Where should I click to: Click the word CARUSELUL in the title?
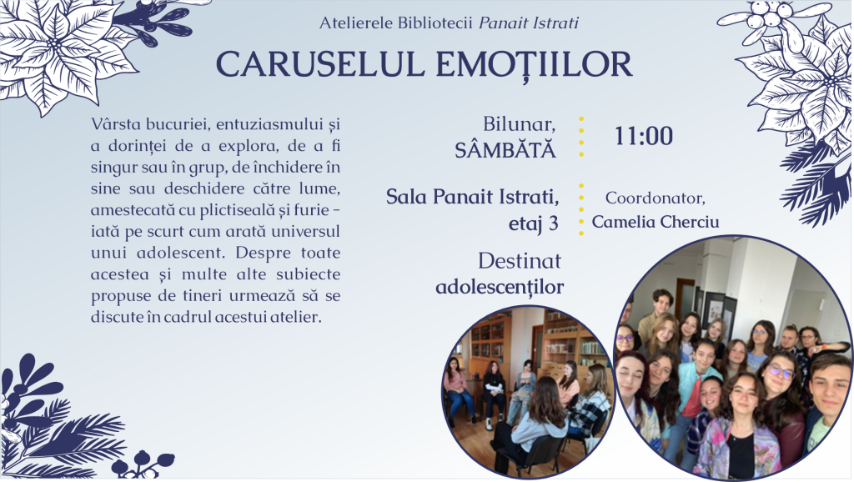point(320,64)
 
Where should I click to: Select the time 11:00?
point(643,136)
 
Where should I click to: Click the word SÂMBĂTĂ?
point(505,150)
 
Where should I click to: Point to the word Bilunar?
point(519,124)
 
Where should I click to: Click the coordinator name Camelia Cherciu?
point(656,222)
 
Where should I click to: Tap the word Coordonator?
point(656,198)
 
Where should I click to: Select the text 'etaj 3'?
point(533,223)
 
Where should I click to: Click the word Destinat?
point(519,261)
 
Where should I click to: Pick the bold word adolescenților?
point(500,287)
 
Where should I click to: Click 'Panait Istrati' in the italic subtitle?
point(528,23)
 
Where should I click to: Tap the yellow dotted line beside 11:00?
point(581,136)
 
